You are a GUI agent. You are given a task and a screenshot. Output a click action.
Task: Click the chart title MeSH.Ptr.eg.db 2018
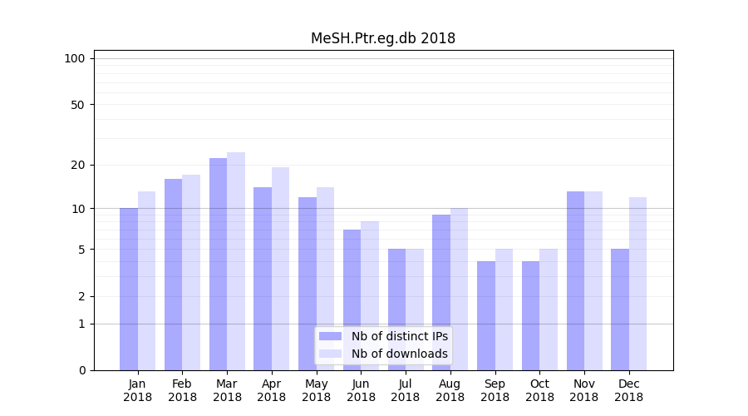pos(383,38)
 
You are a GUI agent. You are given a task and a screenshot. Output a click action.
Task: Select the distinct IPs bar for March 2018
pos(218,264)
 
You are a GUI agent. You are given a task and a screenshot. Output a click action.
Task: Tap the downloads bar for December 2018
pos(637,284)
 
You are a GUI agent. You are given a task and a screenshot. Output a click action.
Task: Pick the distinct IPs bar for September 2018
pos(486,315)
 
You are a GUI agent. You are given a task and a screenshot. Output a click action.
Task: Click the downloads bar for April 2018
pos(280,269)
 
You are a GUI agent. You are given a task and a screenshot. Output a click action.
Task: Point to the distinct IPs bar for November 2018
pos(575,280)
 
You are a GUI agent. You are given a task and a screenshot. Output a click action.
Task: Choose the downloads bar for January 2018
pos(146,280)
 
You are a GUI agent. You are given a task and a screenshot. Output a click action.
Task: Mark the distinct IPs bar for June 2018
pos(352,300)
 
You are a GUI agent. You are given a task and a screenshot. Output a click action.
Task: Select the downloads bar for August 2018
pos(459,289)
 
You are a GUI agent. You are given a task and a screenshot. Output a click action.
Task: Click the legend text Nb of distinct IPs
pos(399,336)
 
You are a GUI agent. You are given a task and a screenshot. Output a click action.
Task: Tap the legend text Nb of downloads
pos(399,354)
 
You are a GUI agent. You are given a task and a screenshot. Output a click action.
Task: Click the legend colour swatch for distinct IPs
pos(330,336)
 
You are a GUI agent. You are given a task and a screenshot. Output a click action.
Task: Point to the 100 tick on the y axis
pos(75,58)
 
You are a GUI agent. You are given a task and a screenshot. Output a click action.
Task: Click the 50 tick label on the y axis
pos(78,105)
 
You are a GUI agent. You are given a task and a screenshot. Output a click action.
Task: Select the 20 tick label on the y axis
pos(78,165)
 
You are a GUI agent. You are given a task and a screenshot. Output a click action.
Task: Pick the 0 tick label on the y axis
pos(81,370)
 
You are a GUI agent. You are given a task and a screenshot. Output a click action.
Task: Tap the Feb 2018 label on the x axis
pos(182,390)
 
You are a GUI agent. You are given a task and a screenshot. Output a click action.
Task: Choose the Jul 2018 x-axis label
pos(406,390)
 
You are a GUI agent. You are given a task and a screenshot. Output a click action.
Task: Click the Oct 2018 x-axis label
pos(539,390)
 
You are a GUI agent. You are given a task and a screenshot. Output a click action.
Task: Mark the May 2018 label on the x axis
pos(316,390)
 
